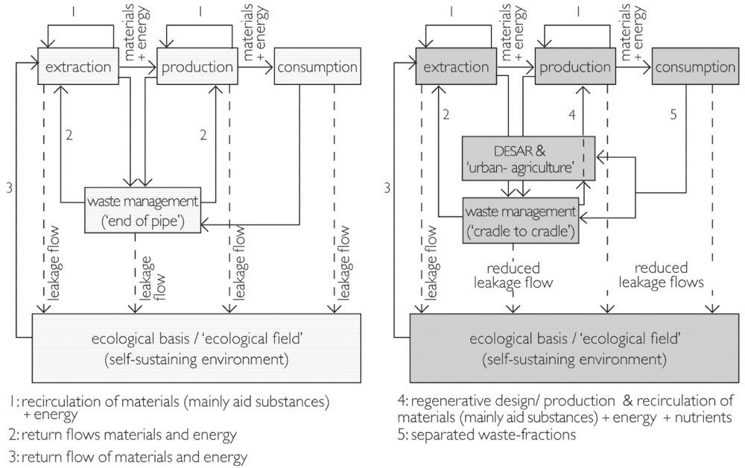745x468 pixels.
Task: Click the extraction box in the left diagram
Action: (78, 68)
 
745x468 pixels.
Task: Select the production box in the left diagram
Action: (197, 68)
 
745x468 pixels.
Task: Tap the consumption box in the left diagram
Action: (317, 68)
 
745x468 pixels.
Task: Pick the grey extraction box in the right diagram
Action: (457, 68)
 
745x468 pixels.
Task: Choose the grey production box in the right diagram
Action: (576, 68)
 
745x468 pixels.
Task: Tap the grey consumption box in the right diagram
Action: (695, 68)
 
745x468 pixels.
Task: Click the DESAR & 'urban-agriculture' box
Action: (527, 157)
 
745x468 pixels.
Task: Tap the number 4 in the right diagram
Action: (572, 116)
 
